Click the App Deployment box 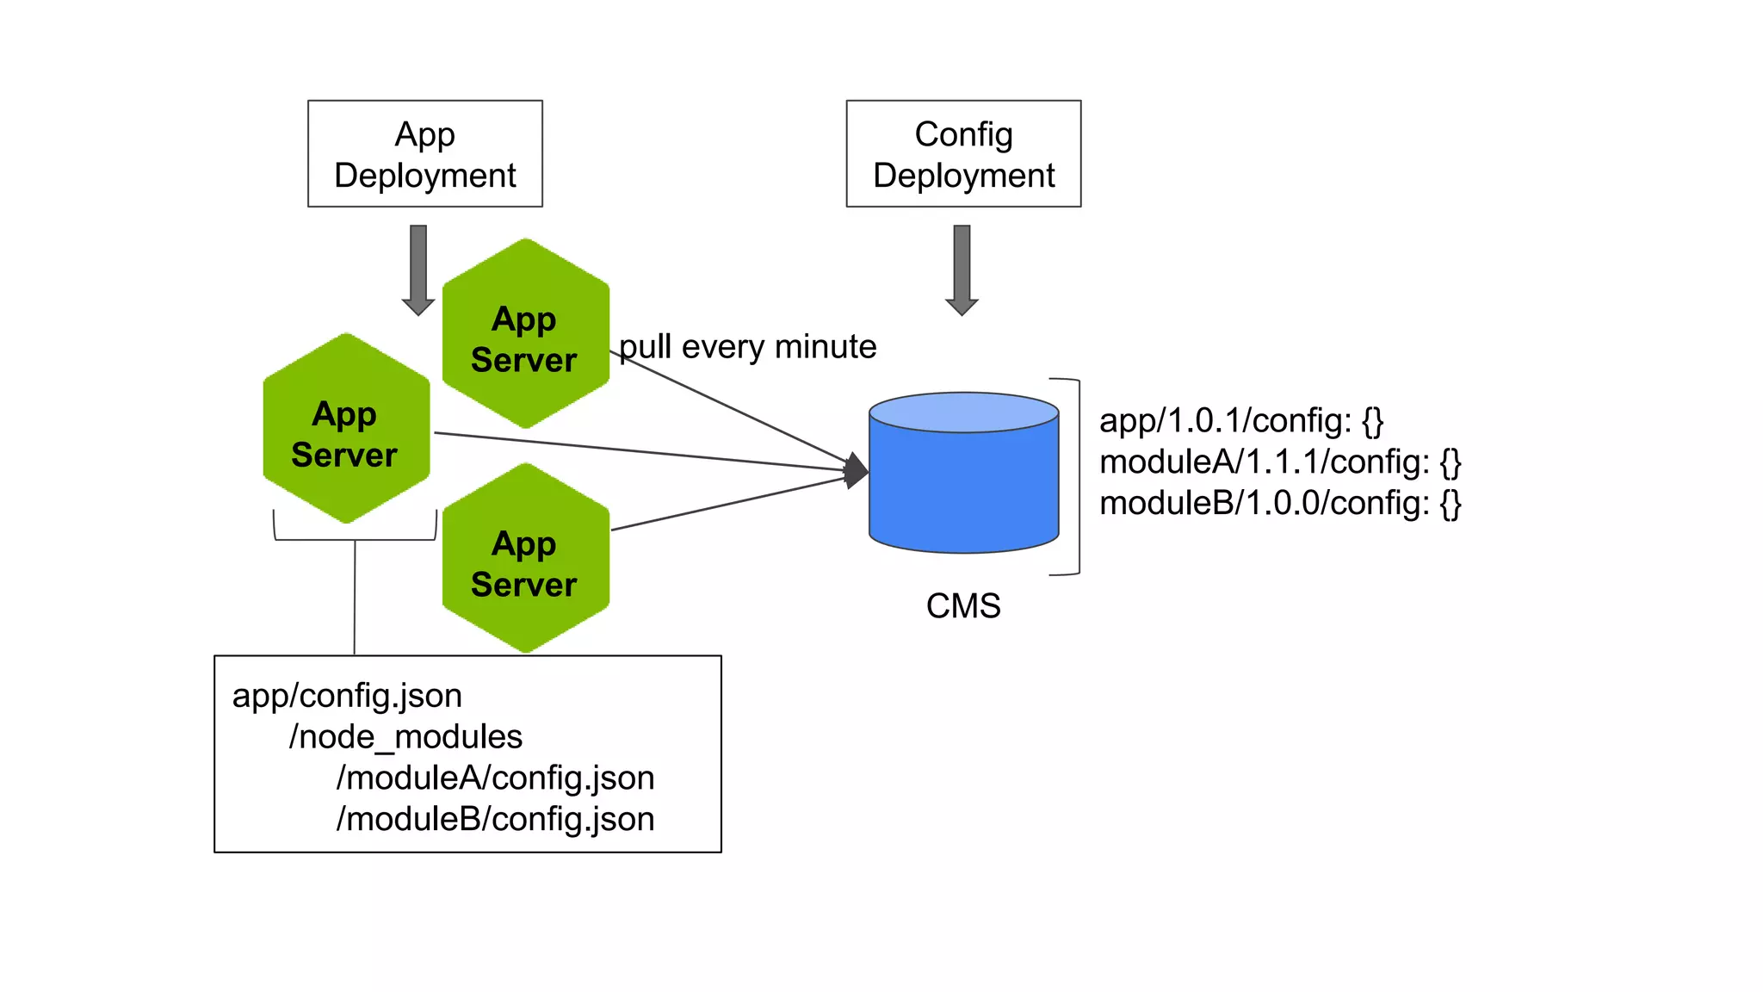[x=425, y=153]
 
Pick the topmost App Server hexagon [x=525, y=334]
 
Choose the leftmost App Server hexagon [x=345, y=429]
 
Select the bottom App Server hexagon [x=525, y=559]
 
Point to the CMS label [x=963, y=606]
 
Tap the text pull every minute [x=748, y=347]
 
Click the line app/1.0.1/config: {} [x=1241, y=421]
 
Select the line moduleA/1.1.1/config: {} [x=1280, y=462]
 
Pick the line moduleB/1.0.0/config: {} [x=1280, y=503]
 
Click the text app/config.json [x=347, y=696]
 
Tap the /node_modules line [x=405, y=737]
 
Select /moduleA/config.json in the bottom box [x=495, y=778]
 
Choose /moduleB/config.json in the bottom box [x=495, y=819]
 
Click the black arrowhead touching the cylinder [x=856, y=470]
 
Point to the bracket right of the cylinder [x=1077, y=476]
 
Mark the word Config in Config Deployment [x=963, y=134]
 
